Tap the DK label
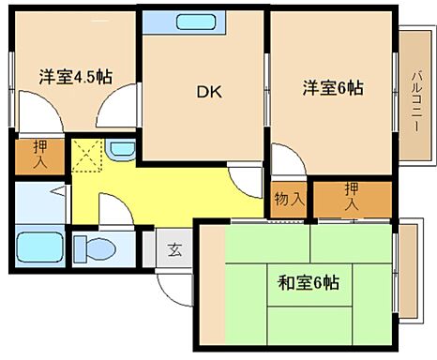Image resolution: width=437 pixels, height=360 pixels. tap(207, 91)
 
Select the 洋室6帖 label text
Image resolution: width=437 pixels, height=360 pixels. tap(331, 88)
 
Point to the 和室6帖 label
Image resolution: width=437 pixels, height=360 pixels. tap(309, 281)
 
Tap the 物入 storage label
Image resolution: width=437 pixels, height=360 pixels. tap(288, 199)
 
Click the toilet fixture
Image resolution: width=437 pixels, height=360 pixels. tap(95, 249)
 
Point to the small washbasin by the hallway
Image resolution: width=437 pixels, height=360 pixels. tap(119, 148)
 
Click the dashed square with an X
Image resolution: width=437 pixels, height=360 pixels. tap(88, 154)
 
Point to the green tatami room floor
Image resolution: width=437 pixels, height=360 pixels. tap(309, 309)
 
